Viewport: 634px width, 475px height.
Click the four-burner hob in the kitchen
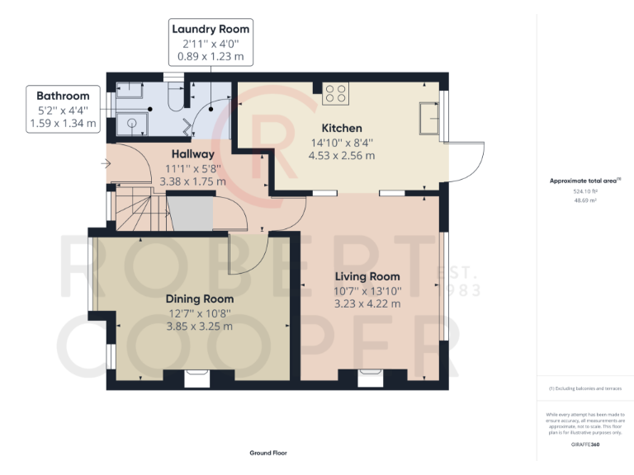336,94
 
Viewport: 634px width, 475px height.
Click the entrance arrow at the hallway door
104,163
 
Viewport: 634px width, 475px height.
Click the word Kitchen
341,128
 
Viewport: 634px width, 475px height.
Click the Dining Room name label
199,299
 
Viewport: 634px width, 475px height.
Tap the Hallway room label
192,153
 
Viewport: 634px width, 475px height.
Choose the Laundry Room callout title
210,30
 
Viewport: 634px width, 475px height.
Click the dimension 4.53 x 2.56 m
341,155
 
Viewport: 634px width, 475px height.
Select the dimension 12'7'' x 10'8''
199,313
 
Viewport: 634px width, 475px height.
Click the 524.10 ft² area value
584,190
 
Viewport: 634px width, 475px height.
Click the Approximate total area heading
583,180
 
